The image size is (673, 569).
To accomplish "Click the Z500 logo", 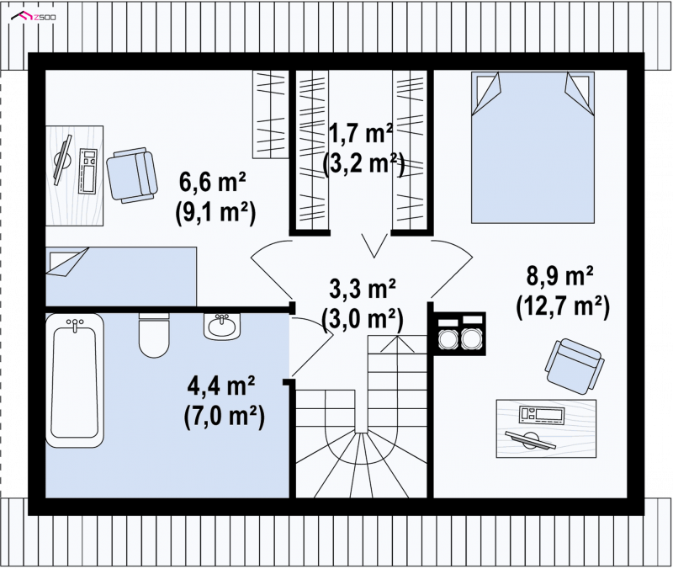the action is click(x=34, y=17).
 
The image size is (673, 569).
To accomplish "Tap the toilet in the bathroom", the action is click(x=154, y=335).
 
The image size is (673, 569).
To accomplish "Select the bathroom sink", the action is click(x=222, y=327).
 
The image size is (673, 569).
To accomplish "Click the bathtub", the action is click(x=75, y=380).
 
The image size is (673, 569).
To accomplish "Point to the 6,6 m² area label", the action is click(x=212, y=183).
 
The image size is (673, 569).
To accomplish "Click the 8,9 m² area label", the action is click(x=560, y=276).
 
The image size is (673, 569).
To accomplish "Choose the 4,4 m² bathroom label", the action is click(x=221, y=386).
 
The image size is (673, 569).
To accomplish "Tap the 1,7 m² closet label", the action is click(x=361, y=134).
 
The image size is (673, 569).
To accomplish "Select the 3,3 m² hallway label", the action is click(x=363, y=288).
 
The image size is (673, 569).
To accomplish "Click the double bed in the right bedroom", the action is click(x=533, y=147).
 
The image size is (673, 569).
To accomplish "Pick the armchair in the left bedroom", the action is click(x=132, y=175).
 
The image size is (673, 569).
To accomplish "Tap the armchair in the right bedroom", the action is click(x=575, y=366).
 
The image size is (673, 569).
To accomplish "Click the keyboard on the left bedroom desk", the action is click(x=89, y=171).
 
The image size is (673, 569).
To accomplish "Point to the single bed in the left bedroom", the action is click(x=121, y=276).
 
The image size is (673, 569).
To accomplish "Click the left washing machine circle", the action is click(x=447, y=339).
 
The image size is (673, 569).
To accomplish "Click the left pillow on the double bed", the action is click(x=486, y=93).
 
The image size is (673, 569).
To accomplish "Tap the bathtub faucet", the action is click(x=75, y=324).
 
